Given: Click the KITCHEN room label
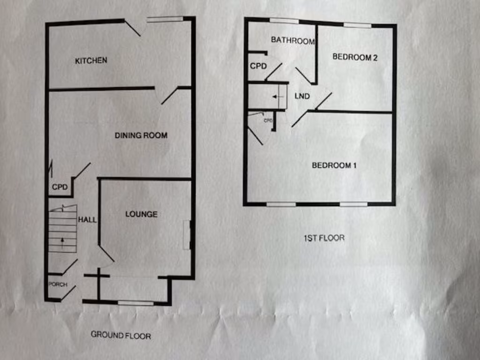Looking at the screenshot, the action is click(91, 60).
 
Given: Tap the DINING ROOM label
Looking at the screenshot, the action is click(141, 135).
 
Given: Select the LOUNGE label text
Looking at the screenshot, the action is click(141, 214).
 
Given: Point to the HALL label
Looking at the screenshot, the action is click(87, 219).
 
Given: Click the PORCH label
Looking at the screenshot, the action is click(58, 285).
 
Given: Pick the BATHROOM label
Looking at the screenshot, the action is click(292, 41).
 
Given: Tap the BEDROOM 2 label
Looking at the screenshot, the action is click(355, 57).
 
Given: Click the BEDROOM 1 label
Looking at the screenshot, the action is click(334, 165).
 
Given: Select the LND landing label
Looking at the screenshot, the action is click(302, 97).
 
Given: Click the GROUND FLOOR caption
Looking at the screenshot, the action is click(120, 335).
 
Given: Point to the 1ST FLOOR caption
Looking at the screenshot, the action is click(323, 238).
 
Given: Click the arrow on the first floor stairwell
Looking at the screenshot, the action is click(275, 97).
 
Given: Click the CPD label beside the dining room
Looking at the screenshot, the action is click(60, 187).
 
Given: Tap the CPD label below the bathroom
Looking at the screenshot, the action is click(258, 66).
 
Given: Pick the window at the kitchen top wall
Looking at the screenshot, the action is click(165, 19).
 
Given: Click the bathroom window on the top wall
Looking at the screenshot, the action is click(284, 21).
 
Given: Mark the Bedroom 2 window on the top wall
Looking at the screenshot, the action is click(357, 25).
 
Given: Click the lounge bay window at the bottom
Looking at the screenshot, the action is click(135, 303).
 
